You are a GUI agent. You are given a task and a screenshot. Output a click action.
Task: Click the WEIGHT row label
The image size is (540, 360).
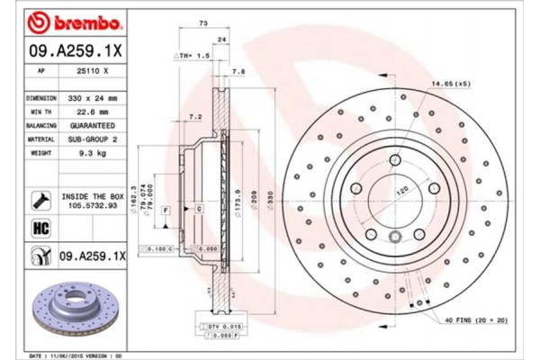(41, 154)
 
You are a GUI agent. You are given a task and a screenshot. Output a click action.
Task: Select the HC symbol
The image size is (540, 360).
(41, 229)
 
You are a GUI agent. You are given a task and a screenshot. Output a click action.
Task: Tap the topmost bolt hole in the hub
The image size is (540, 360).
(395, 160)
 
